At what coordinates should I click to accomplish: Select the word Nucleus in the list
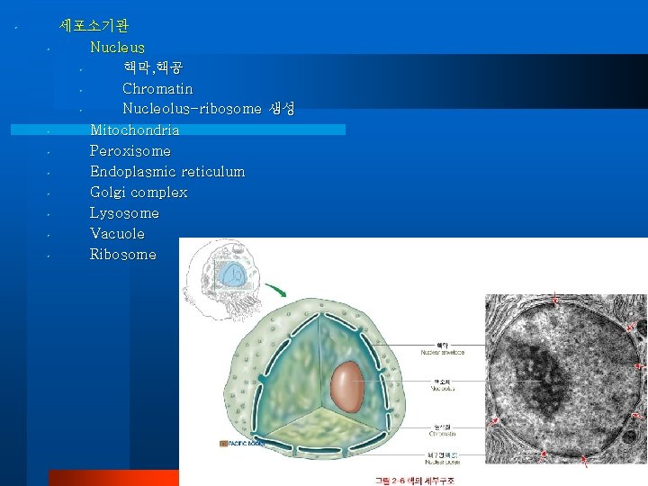(x=117, y=47)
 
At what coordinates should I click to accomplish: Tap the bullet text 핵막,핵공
(x=153, y=67)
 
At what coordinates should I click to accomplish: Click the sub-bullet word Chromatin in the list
(x=157, y=88)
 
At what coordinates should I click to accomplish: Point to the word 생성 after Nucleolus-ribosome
(x=281, y=109)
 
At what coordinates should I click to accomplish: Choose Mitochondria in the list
(x=134, y=130)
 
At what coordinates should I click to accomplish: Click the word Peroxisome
(x=130, y=150)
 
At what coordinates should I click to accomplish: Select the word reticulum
(x=212, y=171)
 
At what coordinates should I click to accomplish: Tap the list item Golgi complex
(x=139, y=192)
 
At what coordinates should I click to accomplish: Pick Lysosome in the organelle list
(x=124, y=212)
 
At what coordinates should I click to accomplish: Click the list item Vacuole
(x=117, y=233)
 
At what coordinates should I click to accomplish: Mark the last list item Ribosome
(x=122, y=254)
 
